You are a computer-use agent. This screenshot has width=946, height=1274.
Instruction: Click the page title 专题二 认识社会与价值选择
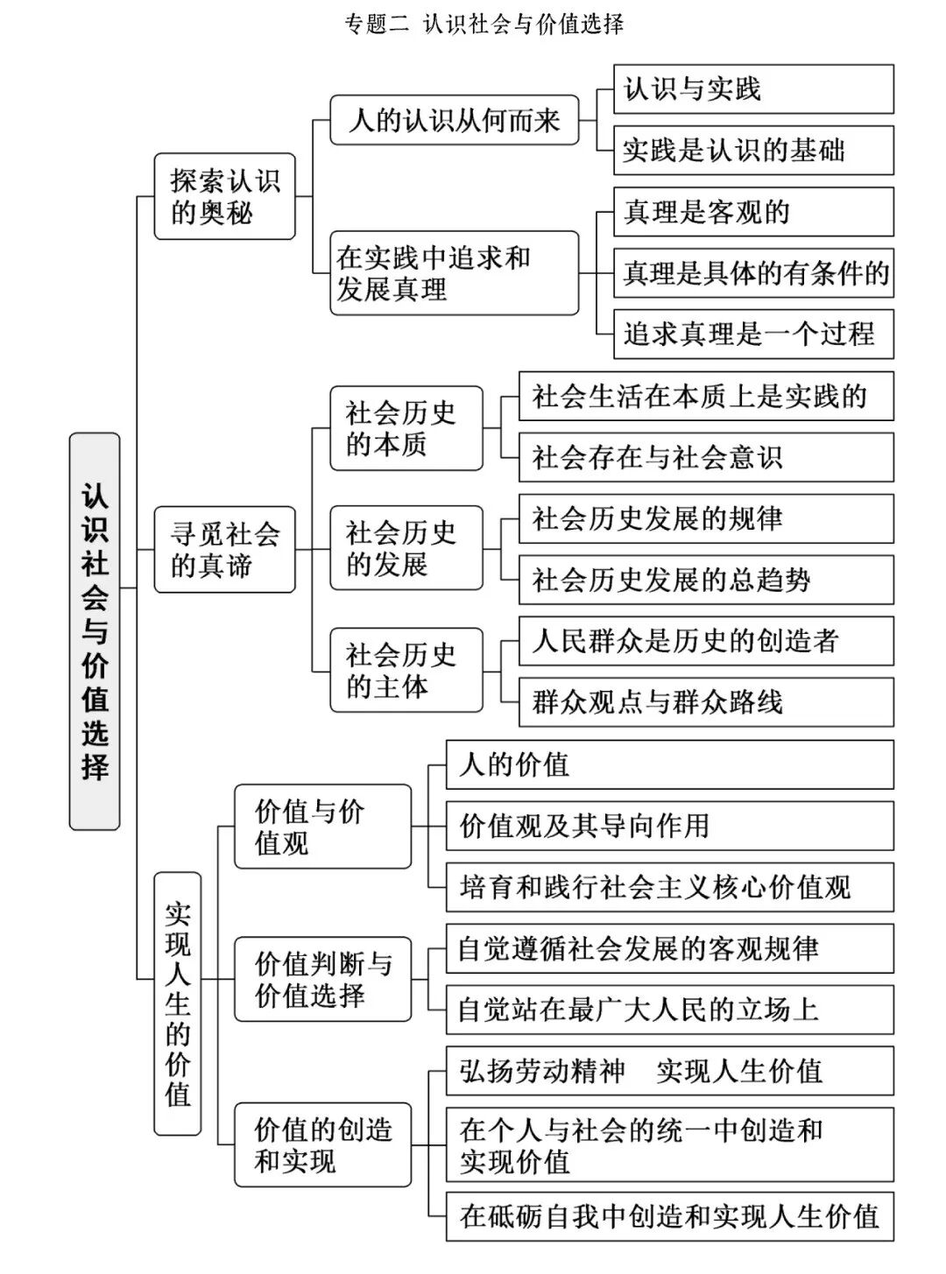pos(484,24)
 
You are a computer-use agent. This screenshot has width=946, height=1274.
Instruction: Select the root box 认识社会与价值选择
pos(95,630)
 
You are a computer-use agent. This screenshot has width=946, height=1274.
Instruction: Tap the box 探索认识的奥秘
pos(224,196)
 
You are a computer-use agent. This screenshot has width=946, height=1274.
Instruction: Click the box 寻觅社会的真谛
pos(224,549)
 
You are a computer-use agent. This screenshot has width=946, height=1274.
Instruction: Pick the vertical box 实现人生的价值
pos(178,1003)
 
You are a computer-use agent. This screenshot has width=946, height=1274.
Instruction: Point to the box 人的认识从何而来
pos(454,120)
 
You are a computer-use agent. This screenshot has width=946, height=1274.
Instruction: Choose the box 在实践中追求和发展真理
pos(454,272)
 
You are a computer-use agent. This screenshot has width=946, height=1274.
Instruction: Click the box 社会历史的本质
pos(406,428)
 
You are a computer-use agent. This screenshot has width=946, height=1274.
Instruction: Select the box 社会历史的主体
pos(406,670)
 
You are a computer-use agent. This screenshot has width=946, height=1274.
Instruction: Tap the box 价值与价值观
pos(322,827)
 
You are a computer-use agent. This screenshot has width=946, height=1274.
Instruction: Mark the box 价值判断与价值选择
pos(322,979)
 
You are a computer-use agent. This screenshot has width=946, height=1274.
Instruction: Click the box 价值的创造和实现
pos(322,1144)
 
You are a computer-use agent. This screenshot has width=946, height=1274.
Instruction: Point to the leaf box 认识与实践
pos(752,89)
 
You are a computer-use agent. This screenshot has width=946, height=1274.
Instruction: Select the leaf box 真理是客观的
pos(752,212)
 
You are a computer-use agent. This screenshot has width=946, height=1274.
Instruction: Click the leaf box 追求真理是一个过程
pos(752,334)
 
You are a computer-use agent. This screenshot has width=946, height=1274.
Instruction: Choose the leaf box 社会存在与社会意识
pos(705,457)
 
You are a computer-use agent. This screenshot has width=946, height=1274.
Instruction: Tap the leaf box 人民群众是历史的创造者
pos(705,641)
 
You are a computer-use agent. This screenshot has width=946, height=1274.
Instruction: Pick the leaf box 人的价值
pos(669,764)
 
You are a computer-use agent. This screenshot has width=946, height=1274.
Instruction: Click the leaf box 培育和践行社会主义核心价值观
pos(669,887)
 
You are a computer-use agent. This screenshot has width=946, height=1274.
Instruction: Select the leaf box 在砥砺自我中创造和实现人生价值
pos(669,1215)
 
